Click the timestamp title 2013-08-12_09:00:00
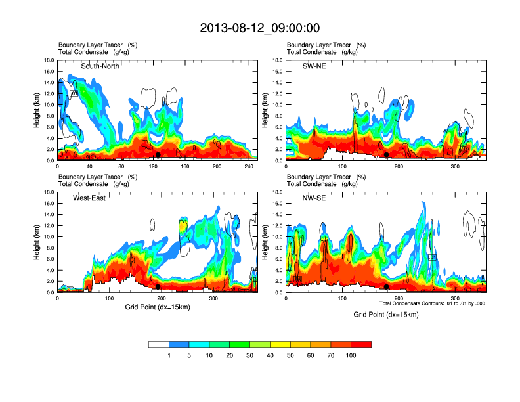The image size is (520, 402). coord(260,28)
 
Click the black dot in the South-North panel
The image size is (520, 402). coord(158,155)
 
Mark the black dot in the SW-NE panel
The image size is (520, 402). coord(387,155)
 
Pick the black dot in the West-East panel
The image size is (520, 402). coord(158,287)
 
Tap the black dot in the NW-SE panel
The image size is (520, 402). coord(387,287)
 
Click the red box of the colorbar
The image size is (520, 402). coord(361,344)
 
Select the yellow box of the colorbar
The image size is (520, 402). coord(280,344)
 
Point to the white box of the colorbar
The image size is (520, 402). coord(159,344)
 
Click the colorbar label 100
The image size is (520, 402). coord(351,355)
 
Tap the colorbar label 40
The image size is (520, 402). coord(271,355)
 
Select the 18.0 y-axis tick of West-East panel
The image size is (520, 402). coord(49,192)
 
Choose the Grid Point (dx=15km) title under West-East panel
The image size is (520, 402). coord(158,307)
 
